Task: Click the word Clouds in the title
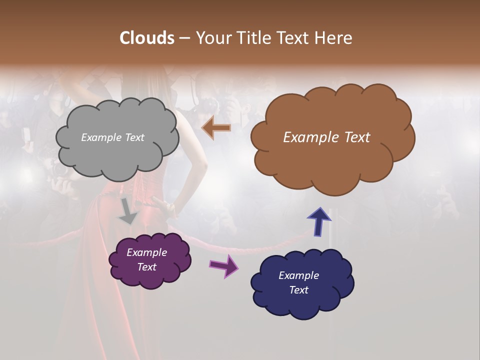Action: [146, 38]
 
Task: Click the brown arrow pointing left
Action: [216, 128]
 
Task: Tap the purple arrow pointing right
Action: [224, 265]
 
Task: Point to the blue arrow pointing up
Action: [319, 221]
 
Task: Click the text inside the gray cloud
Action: [112, 137]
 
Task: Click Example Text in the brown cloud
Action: [326, 137]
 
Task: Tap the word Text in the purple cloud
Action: [147, 267]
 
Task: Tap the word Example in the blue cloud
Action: [298, 275]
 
